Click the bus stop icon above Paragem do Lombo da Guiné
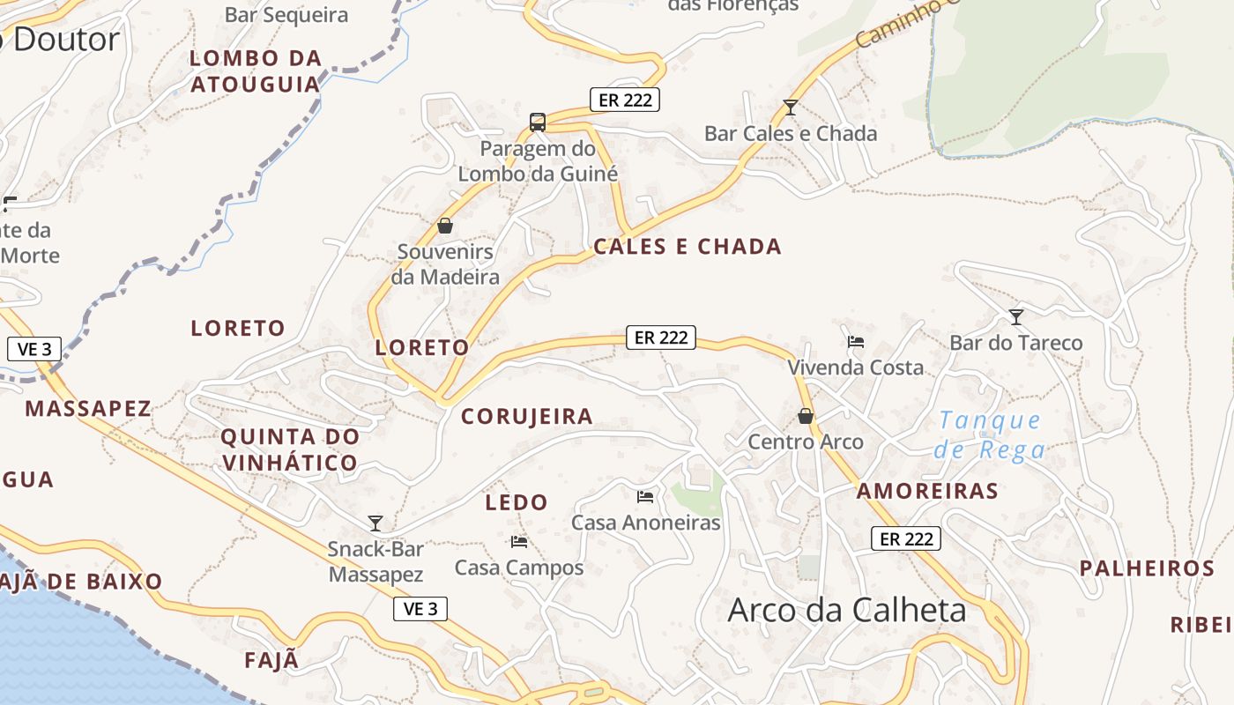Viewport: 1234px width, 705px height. pyautogui.click(x=538, y=122)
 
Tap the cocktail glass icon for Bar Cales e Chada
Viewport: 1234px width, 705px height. pyautogui.click(x=790, y=108)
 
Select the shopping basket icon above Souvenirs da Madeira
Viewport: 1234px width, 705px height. pyautogui.click(x=445, y=226)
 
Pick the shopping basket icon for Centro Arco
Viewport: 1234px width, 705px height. pyautogui.click(x=806, y=416)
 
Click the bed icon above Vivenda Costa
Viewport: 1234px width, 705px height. pyautogui.click(x=855, y=342)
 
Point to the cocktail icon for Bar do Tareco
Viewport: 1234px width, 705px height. pyautogui.click(x=1016, y=316)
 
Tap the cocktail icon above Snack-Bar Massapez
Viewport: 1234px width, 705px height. pyautogui.click(x=375, y=523)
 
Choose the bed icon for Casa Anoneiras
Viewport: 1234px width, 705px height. pyautogui.click(x=645, y=497)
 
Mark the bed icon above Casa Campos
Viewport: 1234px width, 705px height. pyautogui.click(x=518, y=541)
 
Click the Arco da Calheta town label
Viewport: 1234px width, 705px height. pyautogui.click(x=846, y=611)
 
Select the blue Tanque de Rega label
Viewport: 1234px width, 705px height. pyautogui.click(x=989, y=434)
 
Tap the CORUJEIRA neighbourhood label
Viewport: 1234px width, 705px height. pyautogui.click(x=527, y=417)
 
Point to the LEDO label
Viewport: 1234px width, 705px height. pyautogui.click(x=517, y=503)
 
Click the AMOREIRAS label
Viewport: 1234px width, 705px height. pyautogui.click(x=927, y=492)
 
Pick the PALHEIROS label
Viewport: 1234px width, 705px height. pyautogui.click(x=1148, y=568)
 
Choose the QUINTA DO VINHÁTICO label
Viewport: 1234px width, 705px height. pyautogui.click(x=290, y=449)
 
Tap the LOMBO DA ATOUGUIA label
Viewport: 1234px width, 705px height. pyautogui.click(x=256, y=71)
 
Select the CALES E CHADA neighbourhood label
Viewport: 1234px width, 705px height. pyautogui.click(x=688, y=247)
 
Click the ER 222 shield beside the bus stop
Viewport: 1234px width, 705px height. pyautogui.click(x=625, y=100)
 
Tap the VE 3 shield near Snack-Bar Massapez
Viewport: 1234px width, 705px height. pyautogui.click(x=420, y=609)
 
